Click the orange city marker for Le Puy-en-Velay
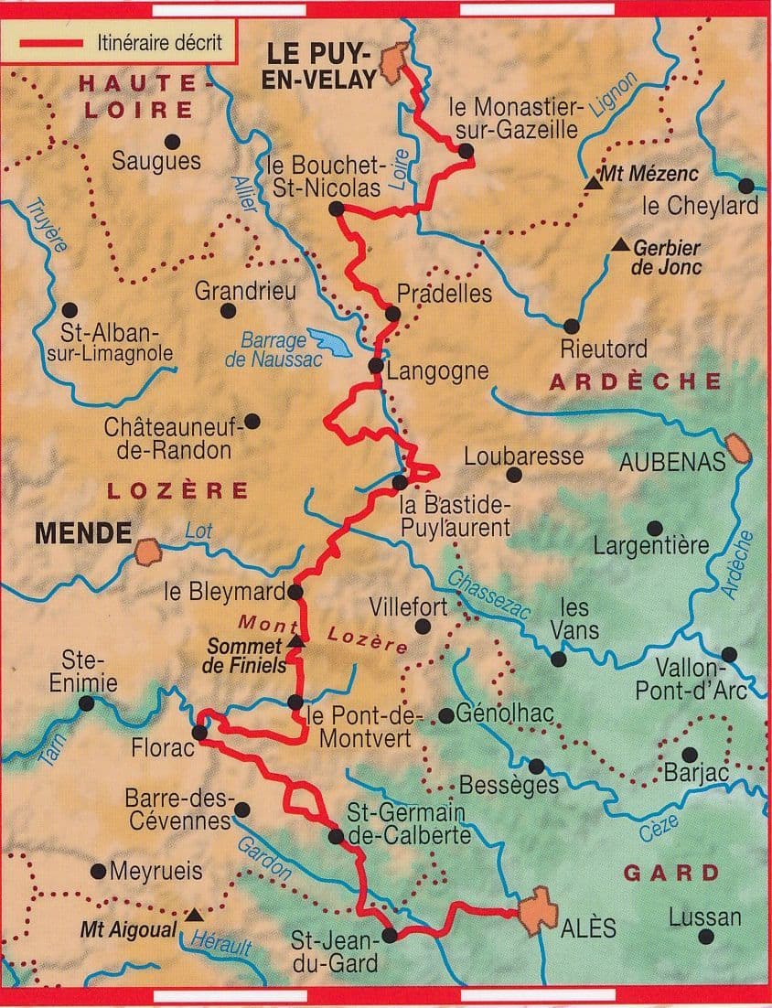pyautogui.click(x=394, y=59)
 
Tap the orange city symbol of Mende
pyautogui.click(x=146, y=552)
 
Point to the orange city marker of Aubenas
pyautogui.click(x=737, y=449)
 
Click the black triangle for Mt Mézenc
pyautogui.click(x=593, y=184)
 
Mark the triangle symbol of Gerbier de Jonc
pyautogui.click(x=621, y=244)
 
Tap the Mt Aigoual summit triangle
pyautogui.click(x=193, y=914)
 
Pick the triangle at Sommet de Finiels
pyautogui.click(x=295, y=643)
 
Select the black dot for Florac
pyautogui.click(x=200, y=732)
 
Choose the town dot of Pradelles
pyautogui.click(x=392, y=314)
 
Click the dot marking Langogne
pyautogui.click(x=375, y=366)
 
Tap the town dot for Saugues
pyautogui.click(x=172, y=141)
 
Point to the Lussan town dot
pyautogui.click(x=705, y=936)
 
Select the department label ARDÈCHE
pyautogui.click(x=635, y=382)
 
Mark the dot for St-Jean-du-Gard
pyautogui.click(x=389, y=935)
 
